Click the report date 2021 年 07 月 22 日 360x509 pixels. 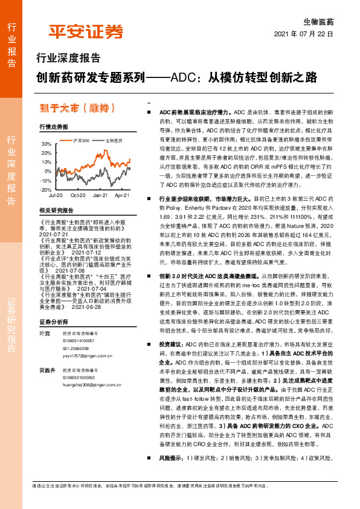tap(304, 34)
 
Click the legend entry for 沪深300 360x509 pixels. tap(80, 140)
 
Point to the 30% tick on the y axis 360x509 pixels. tap(47, 144)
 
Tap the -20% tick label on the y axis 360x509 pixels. tap(46, 190)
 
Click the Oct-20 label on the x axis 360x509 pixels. tap(77, 196)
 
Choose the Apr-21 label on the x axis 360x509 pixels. tap(121, 196)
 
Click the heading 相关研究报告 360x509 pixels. tap(56, 210)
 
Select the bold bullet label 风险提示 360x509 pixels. tap(172, 476)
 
